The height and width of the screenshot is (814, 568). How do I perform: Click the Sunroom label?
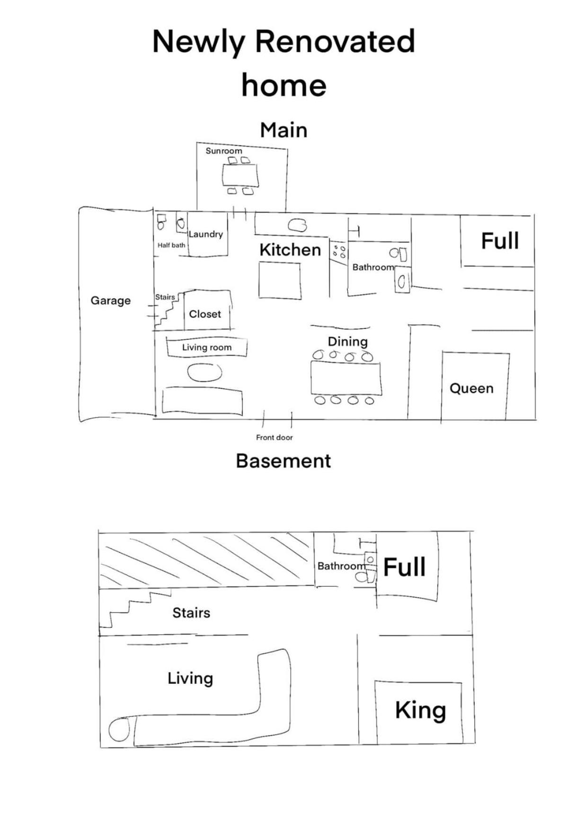point(224,151)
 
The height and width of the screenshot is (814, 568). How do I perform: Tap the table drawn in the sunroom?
point(240,176)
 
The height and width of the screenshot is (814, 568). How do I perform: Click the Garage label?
point(111,300)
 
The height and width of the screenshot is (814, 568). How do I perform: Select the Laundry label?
point(205,234)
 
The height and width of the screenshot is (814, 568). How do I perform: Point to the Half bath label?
point(171,245)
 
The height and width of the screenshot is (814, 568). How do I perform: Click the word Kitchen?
point(290,250)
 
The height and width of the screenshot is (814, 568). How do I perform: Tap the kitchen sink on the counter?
point(297,225)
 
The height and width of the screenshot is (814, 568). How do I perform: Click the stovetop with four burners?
point(339,251)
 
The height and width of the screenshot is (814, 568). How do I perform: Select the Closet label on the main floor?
point(205,314)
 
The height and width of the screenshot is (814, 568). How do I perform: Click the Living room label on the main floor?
point(207,347)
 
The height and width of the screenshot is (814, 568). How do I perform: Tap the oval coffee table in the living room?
point(205,372)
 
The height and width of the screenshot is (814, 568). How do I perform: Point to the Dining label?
point(348,342)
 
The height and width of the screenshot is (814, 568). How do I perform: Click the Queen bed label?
point(471,389)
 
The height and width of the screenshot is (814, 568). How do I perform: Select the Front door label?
point(275,437)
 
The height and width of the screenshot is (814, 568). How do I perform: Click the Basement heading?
point(284,461)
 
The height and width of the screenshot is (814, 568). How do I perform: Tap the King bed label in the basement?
point(421,711)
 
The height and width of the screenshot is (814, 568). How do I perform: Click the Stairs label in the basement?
point(191,613)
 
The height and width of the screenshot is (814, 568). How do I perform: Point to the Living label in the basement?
point(190,678)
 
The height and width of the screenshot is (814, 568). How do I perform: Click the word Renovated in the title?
point(335,41)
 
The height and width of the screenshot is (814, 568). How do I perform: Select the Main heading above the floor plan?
point(284,130)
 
